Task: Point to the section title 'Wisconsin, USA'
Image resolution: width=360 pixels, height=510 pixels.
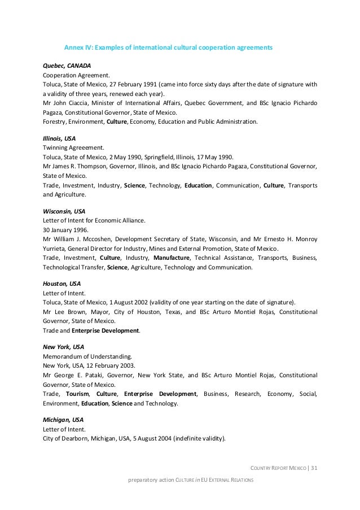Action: [64, 211]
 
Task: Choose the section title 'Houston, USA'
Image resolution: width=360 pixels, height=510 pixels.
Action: [62, 284]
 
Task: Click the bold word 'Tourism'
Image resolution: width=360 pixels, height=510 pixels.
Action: [77, 394]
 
